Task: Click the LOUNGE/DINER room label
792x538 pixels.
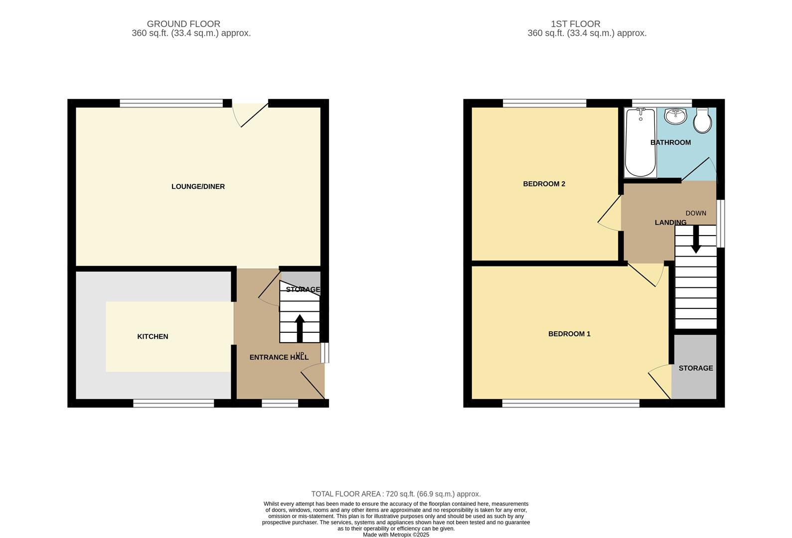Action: (198, 186)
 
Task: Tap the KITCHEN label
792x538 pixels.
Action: (153, 336)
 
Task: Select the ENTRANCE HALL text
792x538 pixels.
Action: (279, 357)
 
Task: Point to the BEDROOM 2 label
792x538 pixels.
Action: (544, 184)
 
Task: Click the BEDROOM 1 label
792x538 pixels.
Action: (569, 334)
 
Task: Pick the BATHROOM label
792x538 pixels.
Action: (670, 142)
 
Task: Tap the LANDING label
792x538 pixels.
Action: (670, 222)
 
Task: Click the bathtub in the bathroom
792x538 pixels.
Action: (640, 143)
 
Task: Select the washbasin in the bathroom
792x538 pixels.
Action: (676, 117)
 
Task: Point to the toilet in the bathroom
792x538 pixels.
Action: (703, 121)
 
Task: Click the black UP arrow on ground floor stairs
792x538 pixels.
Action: (300, 327)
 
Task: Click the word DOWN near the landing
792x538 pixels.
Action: (696, 213)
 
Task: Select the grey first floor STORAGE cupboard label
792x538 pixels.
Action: (695, 368)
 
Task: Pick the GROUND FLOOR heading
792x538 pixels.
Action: (183, 24)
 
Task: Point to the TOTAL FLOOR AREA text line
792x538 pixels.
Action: (396, 494)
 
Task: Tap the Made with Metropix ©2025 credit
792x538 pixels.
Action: (396, 535)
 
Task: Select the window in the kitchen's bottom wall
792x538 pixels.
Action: (173, 403)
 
